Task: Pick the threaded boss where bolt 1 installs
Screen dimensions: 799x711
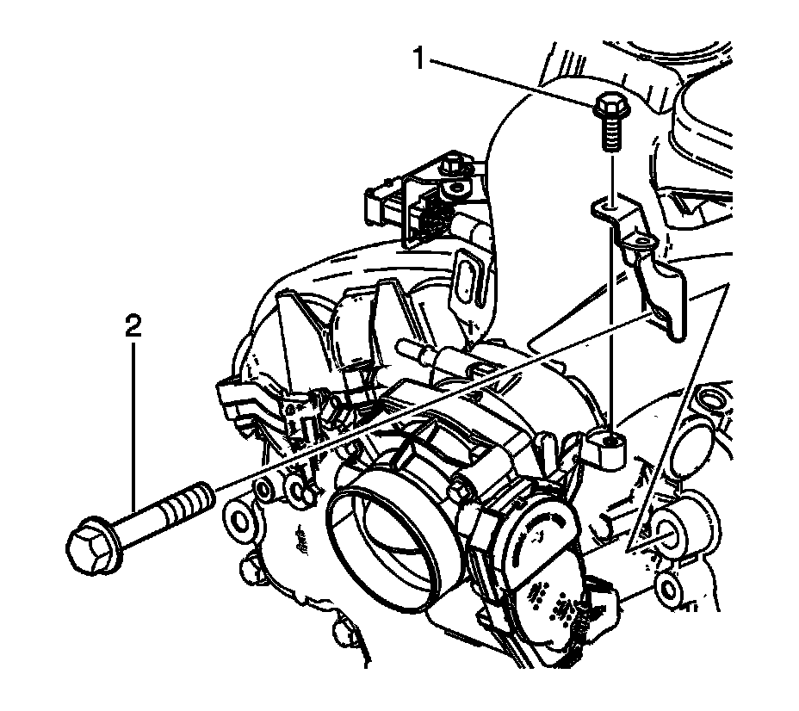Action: tap(610, 446)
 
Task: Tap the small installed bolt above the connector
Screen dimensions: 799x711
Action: tap(452, 164)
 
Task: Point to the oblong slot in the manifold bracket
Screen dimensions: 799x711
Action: tap(469, 275)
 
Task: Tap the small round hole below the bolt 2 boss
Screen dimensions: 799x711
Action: tap(668, 590)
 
